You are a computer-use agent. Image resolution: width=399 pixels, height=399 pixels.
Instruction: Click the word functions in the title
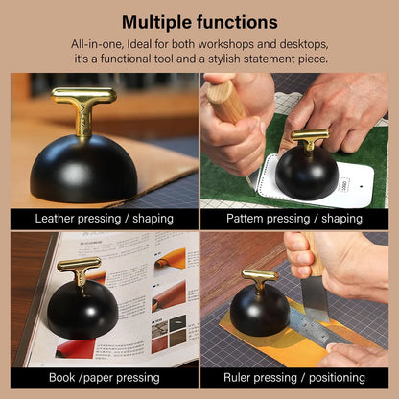[237, 22]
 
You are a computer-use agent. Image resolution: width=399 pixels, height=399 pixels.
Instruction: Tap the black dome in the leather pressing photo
[84, 169]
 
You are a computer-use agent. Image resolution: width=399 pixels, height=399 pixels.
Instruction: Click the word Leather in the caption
[55, 219]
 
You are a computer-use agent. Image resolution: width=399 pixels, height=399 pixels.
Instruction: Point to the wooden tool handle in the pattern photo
[225, 102]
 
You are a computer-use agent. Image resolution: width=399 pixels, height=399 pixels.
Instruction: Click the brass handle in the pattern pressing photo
[310, 138]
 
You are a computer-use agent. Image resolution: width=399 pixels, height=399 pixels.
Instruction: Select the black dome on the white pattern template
[307, 174]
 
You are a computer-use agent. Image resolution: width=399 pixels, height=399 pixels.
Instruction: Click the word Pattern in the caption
[245, 219]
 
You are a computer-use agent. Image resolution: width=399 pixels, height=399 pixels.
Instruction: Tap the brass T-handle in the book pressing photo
[80, 270]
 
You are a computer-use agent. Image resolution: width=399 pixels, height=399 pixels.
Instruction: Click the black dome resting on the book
[82, 310]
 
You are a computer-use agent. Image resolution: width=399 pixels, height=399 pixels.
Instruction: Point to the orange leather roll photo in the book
[170, 258]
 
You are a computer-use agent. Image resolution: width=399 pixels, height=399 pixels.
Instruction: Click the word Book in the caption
[62, 378]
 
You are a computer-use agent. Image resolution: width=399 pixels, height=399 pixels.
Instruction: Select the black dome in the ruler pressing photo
[260, 310]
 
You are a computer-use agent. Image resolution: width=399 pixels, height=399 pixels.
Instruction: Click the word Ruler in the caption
[237, 378]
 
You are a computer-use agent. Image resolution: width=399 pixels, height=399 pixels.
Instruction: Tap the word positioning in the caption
[337, 378]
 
